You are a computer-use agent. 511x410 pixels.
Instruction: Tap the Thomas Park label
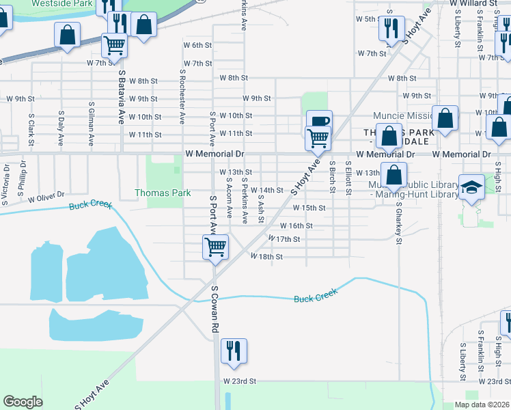tap(163, 193)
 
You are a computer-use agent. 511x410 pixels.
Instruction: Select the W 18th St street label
tap(266, 257)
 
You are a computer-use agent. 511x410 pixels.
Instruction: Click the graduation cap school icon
tap(472, 187)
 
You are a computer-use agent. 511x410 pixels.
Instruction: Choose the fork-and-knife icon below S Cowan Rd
tap(234, 351)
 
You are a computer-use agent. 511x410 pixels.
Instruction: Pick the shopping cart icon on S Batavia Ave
tap(114, 45)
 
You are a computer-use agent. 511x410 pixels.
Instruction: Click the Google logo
tap(23, 402)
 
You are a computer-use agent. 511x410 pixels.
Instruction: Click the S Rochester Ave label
tap(182, 96)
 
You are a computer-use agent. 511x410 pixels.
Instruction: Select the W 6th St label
tap(197, 45)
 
